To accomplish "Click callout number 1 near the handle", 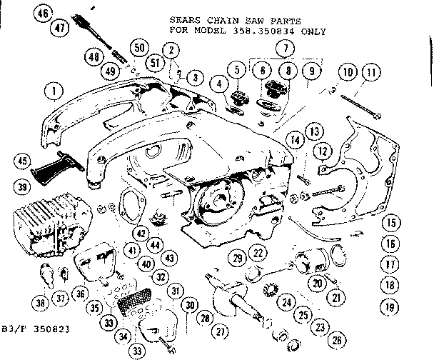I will (51, 91).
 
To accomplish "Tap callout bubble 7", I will (287, 48).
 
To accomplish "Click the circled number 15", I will (389, 221).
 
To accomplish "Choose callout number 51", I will (153, 61).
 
